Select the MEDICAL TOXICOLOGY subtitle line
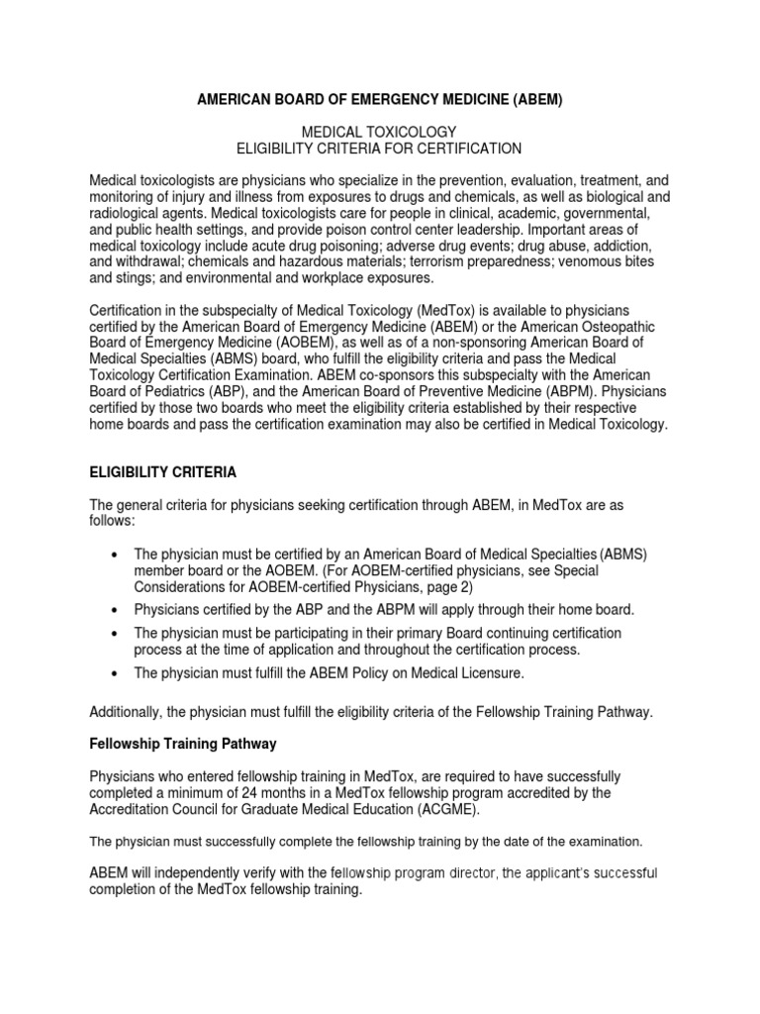coord(379,132)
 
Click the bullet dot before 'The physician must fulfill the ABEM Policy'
coord(117,672)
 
